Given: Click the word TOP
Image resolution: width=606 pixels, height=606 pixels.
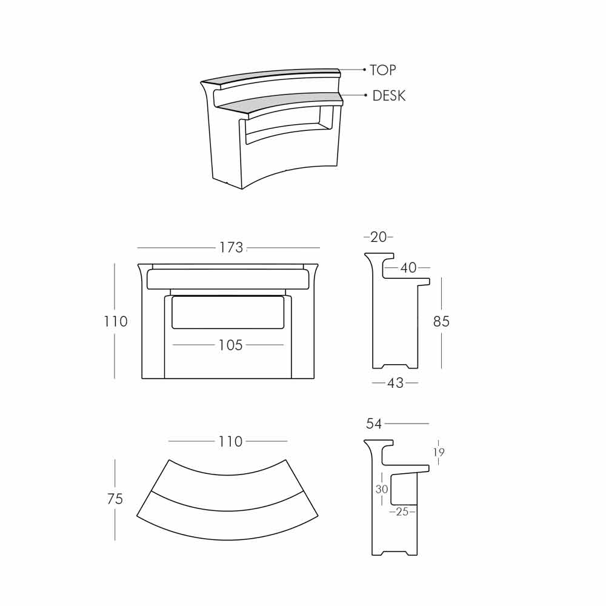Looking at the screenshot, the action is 382,70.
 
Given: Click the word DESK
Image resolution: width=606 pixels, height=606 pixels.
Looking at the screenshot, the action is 389,96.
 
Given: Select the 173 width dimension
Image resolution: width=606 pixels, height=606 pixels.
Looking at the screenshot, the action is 231,247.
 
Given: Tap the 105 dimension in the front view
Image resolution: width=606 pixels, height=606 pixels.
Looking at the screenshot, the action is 230,345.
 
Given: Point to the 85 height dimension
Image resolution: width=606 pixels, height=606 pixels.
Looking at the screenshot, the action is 441,321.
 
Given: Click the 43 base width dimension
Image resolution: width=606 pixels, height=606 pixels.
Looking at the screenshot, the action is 395,382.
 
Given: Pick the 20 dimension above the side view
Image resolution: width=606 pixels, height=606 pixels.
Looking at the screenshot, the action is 378,237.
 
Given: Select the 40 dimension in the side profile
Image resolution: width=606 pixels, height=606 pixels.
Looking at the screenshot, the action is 408,267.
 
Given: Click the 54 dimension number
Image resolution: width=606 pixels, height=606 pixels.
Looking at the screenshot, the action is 374,424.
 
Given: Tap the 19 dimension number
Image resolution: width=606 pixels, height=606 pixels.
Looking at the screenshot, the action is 439,452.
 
